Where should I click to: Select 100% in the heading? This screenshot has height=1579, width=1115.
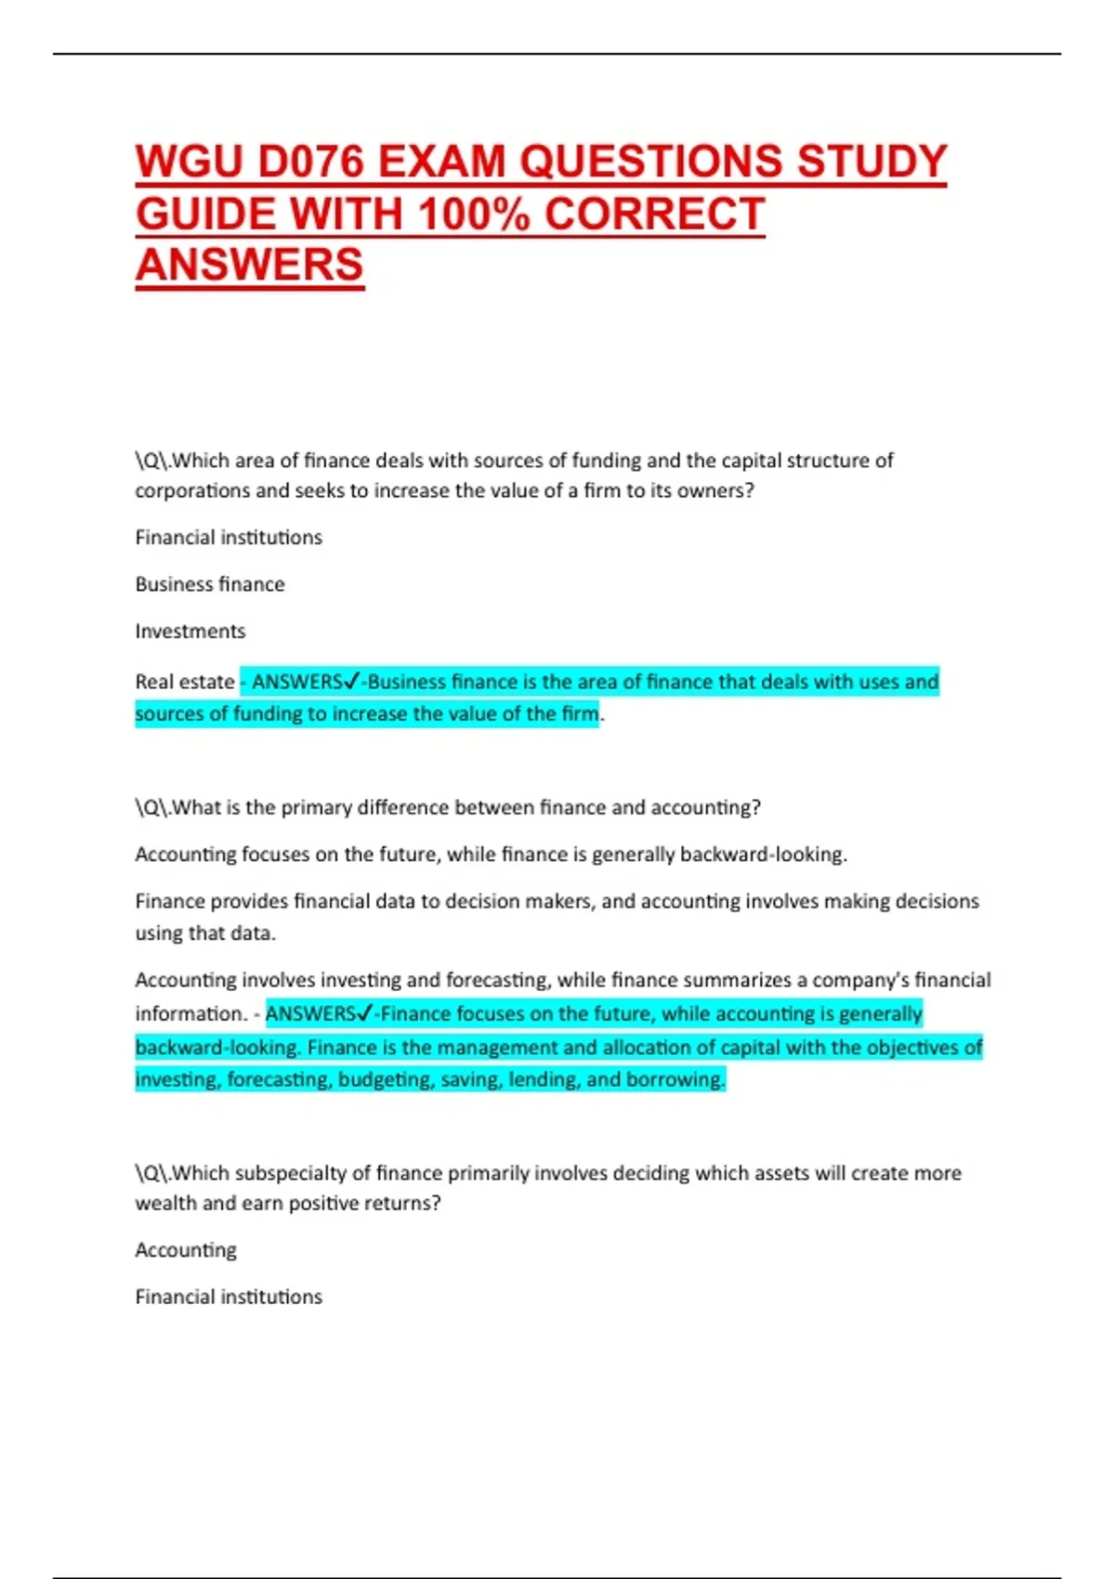click(474, 215)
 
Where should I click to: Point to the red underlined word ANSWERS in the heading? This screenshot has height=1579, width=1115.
click(249, 266)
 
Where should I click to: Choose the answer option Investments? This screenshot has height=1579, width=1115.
click(190, 632)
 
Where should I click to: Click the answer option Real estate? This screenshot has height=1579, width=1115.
click(185, 682)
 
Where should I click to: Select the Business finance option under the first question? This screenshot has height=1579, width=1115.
click(210, 584)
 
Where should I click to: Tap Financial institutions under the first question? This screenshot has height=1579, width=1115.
click(229, 538)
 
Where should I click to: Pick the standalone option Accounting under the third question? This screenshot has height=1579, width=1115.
click(186, 1250)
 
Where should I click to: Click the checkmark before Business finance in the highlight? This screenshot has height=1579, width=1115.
click(350, 682)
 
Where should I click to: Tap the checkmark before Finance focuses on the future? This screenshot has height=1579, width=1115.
click(364, 1013)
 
